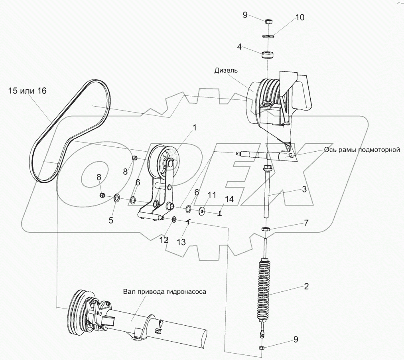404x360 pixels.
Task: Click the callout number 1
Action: click(x=195, y=128)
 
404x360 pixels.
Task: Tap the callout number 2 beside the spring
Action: click(x=306, y=286)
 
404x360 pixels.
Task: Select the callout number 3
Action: click(x=304, y=189)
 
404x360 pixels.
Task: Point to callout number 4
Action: click(x=239, y=46)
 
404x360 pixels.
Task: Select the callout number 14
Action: click(x=228, y=198)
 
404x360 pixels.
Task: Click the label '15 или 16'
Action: click(x=27, y=91)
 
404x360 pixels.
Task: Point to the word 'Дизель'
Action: click(x=226, y=71)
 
